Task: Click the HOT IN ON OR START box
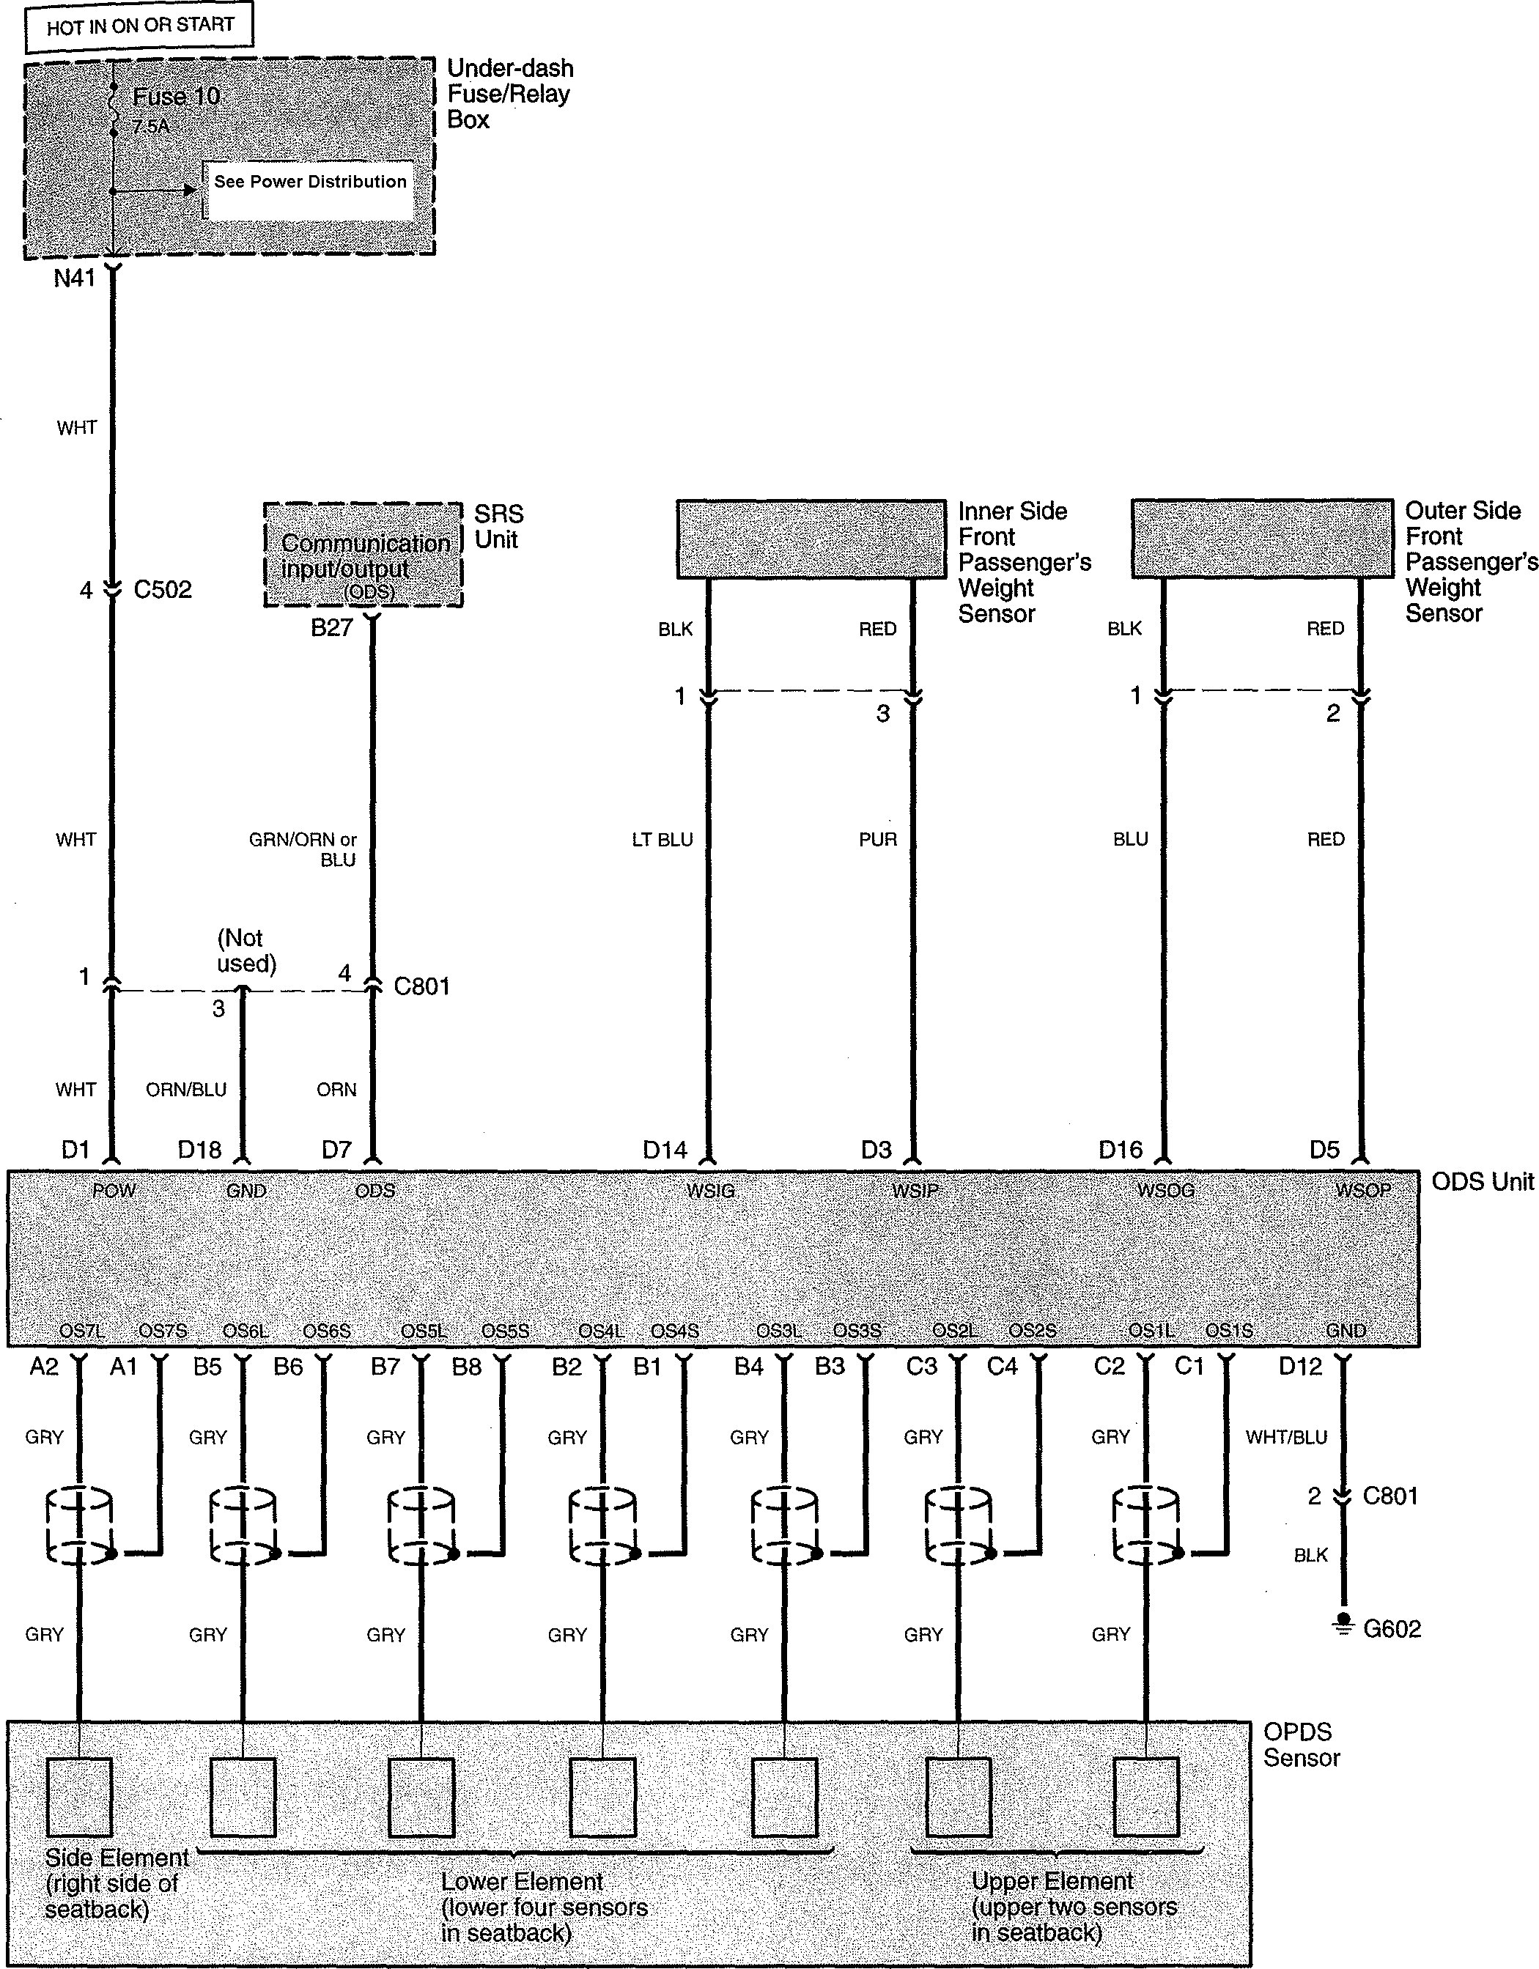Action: [x=140, y=26]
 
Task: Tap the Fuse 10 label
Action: [x=176, y=97]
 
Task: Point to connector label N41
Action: [x=74, y=278]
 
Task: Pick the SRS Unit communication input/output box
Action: [x=363, y=555]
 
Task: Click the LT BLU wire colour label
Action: [x=663, y=841]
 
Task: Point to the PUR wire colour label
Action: [x=878, y=841]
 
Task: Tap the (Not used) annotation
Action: [x=246, y=951]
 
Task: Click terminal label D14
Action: [x=665, y=1150]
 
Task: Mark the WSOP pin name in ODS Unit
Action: [x=1362, y=1191]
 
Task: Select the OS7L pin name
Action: [x=82, y=1331]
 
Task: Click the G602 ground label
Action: [x=1392, y=1629]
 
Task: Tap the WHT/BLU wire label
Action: [x=1287, y=1437]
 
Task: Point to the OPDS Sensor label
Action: [x=1301, y=1745]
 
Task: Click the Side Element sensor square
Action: [x=79, y=1797]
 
